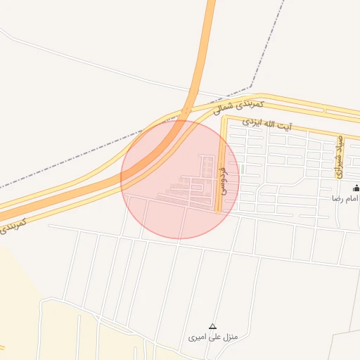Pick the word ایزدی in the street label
pos(253,122)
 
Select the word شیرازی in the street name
pos(338,164)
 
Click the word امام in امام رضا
pos(349,199)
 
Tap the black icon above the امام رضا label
pos(355,188)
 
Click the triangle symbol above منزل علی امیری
pos(212,326)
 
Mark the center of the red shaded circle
pos(180,179)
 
